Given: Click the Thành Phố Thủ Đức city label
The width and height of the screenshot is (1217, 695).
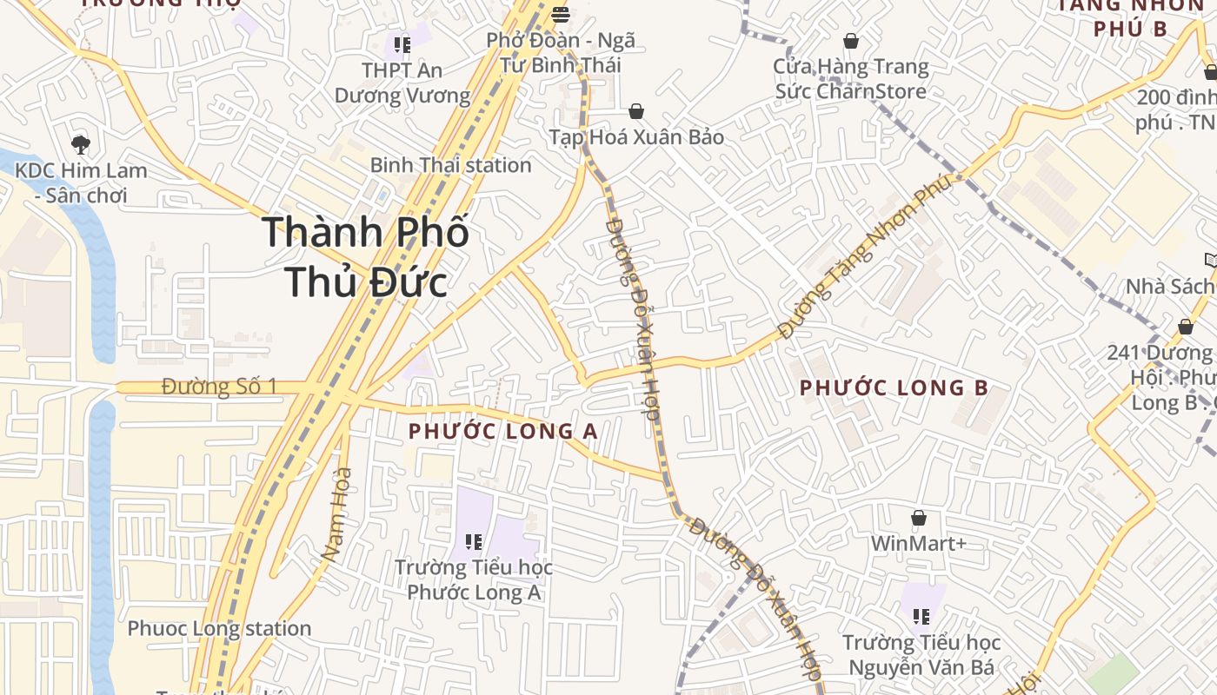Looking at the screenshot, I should click(365, 256).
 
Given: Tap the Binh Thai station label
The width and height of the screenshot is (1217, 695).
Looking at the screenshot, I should click(450, 165).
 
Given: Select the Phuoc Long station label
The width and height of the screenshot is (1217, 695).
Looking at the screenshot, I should click(219, 628).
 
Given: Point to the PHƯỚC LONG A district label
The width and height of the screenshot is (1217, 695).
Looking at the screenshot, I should click(503, 431).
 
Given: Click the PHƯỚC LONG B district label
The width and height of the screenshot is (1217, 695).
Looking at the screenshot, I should click(894, 387).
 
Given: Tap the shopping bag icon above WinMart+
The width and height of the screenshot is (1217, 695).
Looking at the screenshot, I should click(919, 519).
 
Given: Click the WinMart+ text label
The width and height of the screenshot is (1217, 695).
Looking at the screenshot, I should click(919, 544).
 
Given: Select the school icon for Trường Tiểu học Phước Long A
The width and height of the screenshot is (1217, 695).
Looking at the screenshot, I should click(474, 542).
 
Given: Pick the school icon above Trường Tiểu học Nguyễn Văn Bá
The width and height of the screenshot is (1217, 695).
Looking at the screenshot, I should click(921, 617).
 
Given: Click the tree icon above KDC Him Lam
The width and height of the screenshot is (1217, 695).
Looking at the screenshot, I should click(81, 144).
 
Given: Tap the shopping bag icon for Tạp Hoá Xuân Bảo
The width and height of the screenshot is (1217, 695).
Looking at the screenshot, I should click(636, 111).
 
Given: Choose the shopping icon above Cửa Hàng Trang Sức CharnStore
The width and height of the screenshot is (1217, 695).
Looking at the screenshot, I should click(851, 41).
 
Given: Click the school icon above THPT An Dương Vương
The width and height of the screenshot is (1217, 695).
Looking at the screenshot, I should click(402, 44).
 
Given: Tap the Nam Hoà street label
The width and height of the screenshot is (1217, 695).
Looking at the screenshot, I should click(336, 513).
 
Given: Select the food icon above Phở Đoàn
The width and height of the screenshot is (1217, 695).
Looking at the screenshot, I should click(561, 15).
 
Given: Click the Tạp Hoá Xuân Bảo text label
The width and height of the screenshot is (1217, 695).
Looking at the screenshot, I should click(636, 137).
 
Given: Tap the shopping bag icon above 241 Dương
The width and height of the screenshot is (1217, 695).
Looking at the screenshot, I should click(1186, 327).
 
